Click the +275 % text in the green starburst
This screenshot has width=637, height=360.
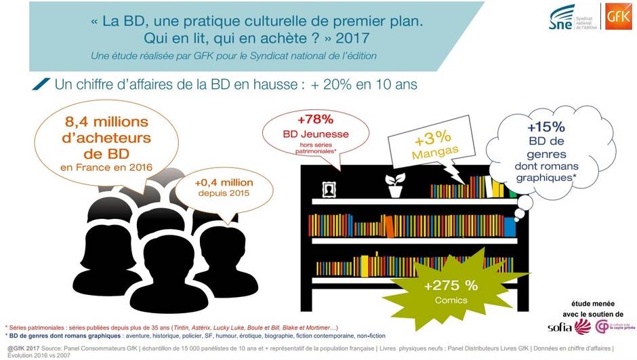click(x=451, y=285)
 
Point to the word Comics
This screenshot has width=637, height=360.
click(x=451, y=299)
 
